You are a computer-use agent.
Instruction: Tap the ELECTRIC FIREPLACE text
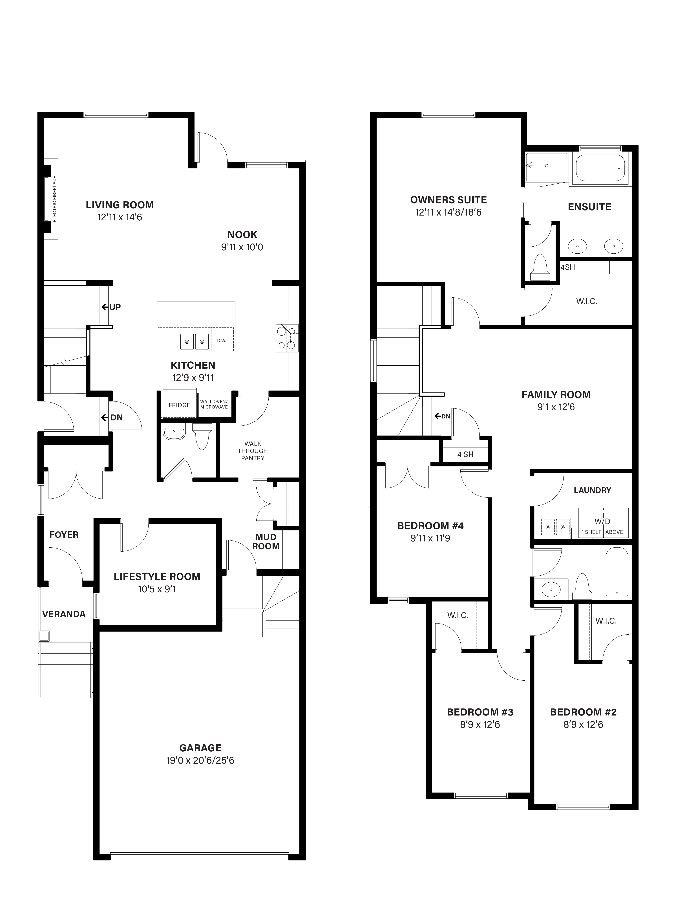(x=55, y=199)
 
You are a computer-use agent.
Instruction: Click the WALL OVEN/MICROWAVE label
(x=214, y=404)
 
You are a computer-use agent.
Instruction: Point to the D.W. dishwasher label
(x=222, y=341)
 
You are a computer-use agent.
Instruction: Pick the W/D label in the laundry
(x=602, y=521)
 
